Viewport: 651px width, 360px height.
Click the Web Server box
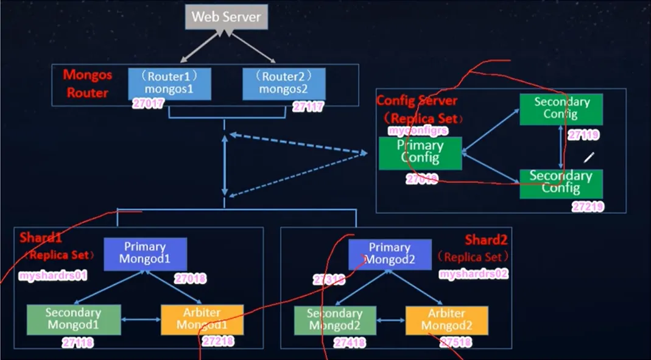point(226,17)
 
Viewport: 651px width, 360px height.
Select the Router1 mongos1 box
point(169,83)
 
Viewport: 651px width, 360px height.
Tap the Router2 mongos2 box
point(284,83)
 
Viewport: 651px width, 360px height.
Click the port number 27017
point(149,105)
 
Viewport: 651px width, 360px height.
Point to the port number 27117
point(308,107)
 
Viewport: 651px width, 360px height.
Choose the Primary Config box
point(420,153)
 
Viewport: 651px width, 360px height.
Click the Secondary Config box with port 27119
point(561,108)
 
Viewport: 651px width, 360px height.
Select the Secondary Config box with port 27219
point(561,183)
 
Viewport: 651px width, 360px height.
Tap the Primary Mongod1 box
point(145,253)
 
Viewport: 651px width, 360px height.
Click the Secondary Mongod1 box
point(73,319)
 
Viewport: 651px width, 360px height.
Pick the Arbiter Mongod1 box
point(202,319)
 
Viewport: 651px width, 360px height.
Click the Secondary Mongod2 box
point(334,320)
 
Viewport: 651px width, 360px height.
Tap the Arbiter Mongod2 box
point(447,320)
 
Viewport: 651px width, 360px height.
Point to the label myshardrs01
point(53,276)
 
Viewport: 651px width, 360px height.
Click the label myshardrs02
point(474,274)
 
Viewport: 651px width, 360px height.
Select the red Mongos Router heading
point(87,84)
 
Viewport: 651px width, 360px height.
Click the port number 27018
point(190,279)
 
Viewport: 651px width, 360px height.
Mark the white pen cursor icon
point(588,157)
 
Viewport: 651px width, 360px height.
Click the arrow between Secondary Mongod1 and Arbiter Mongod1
point(140,319)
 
